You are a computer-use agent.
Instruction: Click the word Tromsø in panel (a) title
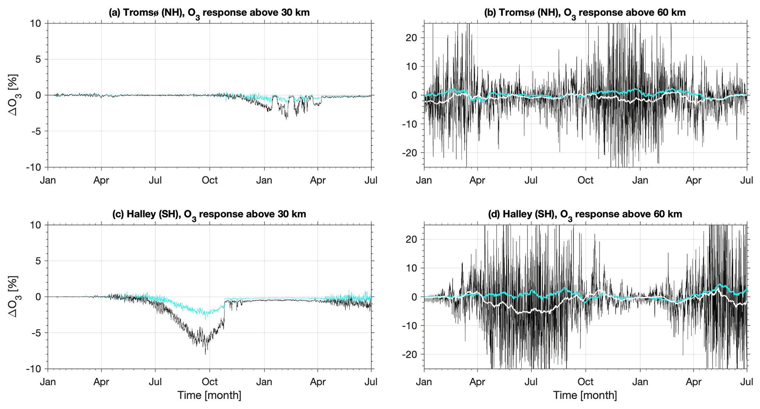pos(140,12)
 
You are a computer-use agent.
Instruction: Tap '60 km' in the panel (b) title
pos(667,12)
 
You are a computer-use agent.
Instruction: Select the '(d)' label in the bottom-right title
pos(494,214)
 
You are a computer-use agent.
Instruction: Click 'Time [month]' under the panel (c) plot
pos(209,395)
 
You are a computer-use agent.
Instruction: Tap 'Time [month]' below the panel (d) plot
pos(585,395)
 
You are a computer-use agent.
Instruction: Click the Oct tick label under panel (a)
pos(210,180)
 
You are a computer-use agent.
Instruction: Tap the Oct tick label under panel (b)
pos(585,180)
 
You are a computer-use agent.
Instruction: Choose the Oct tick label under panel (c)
pos(210,382)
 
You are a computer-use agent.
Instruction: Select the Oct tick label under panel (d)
pos(585,382)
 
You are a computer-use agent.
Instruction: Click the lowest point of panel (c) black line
pos(206,354)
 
